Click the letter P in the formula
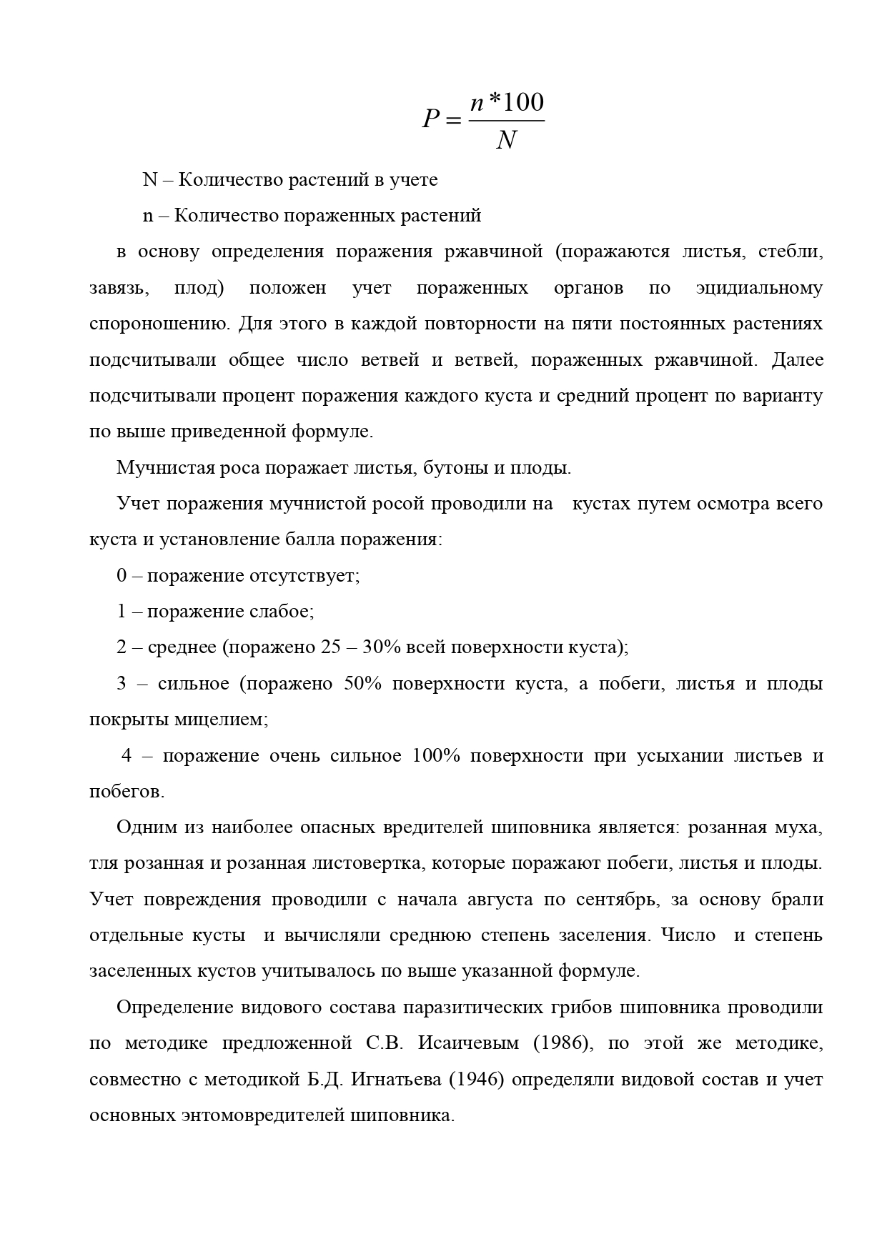tap(430, 118)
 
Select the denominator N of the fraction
tap(505, 140)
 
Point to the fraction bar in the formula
tap(506, 121)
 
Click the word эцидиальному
tap(759, 288)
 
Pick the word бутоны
tap(450, 468)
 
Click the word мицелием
tap(221, 720)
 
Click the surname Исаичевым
tap(469, 1043)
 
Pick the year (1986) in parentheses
tap(564, 1043)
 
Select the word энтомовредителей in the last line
tap(259, 1115)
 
